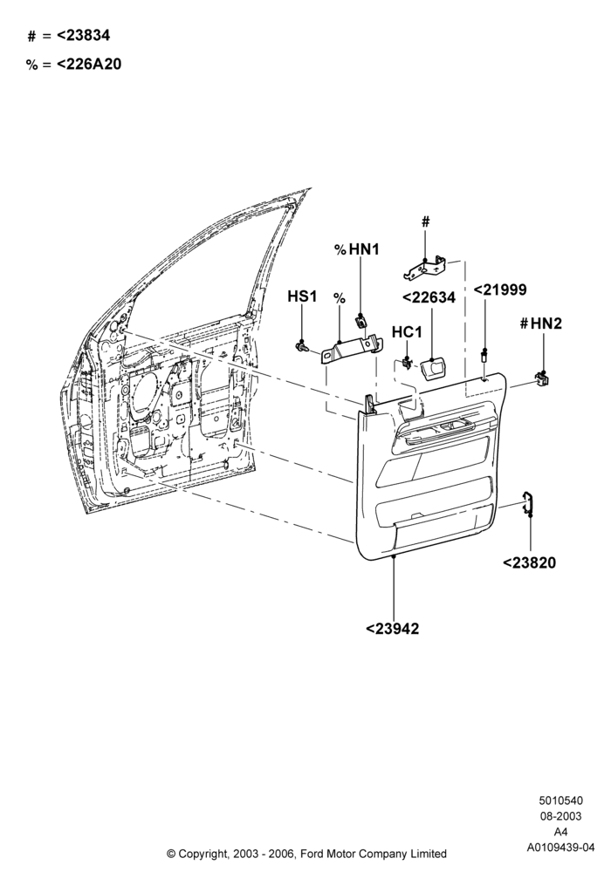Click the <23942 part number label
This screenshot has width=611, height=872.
click(392, 629)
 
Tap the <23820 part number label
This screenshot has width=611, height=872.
click(529, 562)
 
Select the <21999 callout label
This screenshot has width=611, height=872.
click(499, 290)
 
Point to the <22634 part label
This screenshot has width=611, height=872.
click(429, 297)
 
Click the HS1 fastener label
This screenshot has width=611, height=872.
click(302, 296)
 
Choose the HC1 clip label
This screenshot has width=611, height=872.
click(407, 332)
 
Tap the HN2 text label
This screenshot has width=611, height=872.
click(546, 324)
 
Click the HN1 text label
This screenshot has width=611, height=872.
click(364, 249)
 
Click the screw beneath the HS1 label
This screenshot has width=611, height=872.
click(302, 347)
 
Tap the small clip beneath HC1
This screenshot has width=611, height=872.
click(408, 363)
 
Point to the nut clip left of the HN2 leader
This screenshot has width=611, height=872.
click(541, 378)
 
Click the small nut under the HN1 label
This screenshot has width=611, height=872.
click(360, 320)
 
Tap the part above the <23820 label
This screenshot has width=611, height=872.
click(527, 503)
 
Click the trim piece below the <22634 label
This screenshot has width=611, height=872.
click(434, 369)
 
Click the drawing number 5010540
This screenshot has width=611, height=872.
click(560, 800)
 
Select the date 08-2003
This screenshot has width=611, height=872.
click(560, 816)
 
